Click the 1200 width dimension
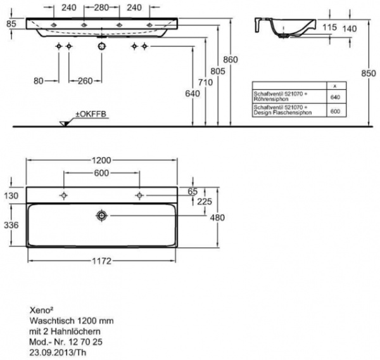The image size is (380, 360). tap(102, 161)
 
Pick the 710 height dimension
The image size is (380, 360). tap(204, 82)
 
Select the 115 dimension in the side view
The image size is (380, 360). tap(327, 28)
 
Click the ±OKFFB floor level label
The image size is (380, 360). tap(92, 114)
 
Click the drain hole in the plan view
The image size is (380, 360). tap(101, 217)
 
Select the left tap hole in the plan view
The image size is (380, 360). tap(63, 195)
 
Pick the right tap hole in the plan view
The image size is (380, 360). tap(139, 195)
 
